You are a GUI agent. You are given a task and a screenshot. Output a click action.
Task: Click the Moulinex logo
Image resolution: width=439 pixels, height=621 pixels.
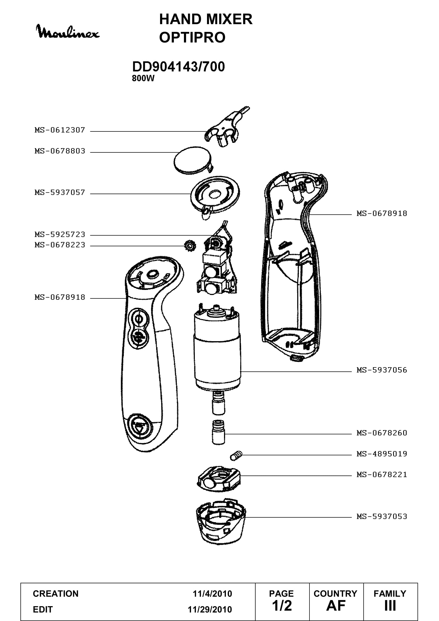(68, 32)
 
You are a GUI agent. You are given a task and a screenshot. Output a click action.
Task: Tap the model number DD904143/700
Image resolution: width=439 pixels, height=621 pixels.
(178, 67)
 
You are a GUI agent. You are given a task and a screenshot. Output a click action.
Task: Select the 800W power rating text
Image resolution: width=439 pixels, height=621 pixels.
(143, 78)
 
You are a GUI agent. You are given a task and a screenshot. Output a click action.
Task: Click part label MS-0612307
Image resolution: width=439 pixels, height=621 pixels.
(60, 130)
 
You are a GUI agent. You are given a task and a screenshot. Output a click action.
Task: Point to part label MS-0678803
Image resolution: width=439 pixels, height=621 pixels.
(60, 151)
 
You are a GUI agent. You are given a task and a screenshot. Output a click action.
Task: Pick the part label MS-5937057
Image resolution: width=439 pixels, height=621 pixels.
(60, 192)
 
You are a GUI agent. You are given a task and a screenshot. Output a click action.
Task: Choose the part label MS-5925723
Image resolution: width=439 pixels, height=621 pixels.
(60, 234)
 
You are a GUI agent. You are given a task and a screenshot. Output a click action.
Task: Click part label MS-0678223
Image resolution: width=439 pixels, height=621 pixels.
(60, 245)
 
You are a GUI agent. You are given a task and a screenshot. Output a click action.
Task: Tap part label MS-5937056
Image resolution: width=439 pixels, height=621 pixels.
(382, 370)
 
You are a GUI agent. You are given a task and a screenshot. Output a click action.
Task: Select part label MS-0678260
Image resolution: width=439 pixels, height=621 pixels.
(382, 433)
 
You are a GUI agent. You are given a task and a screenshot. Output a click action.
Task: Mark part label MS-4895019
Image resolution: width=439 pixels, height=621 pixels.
(382, 453)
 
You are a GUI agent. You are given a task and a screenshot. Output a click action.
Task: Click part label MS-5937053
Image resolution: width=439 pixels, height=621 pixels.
(382, 516)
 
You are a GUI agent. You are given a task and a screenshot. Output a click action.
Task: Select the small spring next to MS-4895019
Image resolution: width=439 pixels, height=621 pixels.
(236, 456)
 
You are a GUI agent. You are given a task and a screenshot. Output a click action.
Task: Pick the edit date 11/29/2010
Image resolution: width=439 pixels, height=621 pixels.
(210, 609)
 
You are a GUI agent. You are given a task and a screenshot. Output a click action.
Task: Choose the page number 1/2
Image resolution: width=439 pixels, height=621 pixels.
(282, 606)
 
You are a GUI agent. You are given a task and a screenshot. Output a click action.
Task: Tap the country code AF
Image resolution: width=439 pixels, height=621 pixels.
(336, 606)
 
